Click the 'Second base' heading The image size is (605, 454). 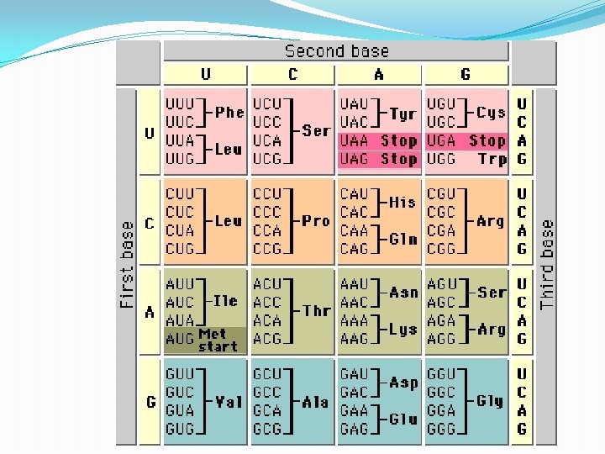point(336,51)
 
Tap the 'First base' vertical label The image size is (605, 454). point(128,264)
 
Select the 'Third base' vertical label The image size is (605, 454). point(547,264)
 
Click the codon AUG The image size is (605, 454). point(180,339)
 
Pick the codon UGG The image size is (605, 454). point(441,159)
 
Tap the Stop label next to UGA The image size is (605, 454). point(487,140)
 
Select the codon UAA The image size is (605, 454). point(355,140)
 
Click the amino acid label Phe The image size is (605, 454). point(229,112)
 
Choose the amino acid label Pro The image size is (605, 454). point(316,221)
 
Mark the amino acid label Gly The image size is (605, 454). point(489,401)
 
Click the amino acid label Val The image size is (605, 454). point(229,402)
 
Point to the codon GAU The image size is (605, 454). point(355,374)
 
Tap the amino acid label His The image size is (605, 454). point(402,203)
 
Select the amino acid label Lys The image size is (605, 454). point(403,330)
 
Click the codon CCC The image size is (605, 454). point(267,212)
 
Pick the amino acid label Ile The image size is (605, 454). point(226,300)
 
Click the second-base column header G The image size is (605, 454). point(466,75)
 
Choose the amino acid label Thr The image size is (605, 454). point(317,311)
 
